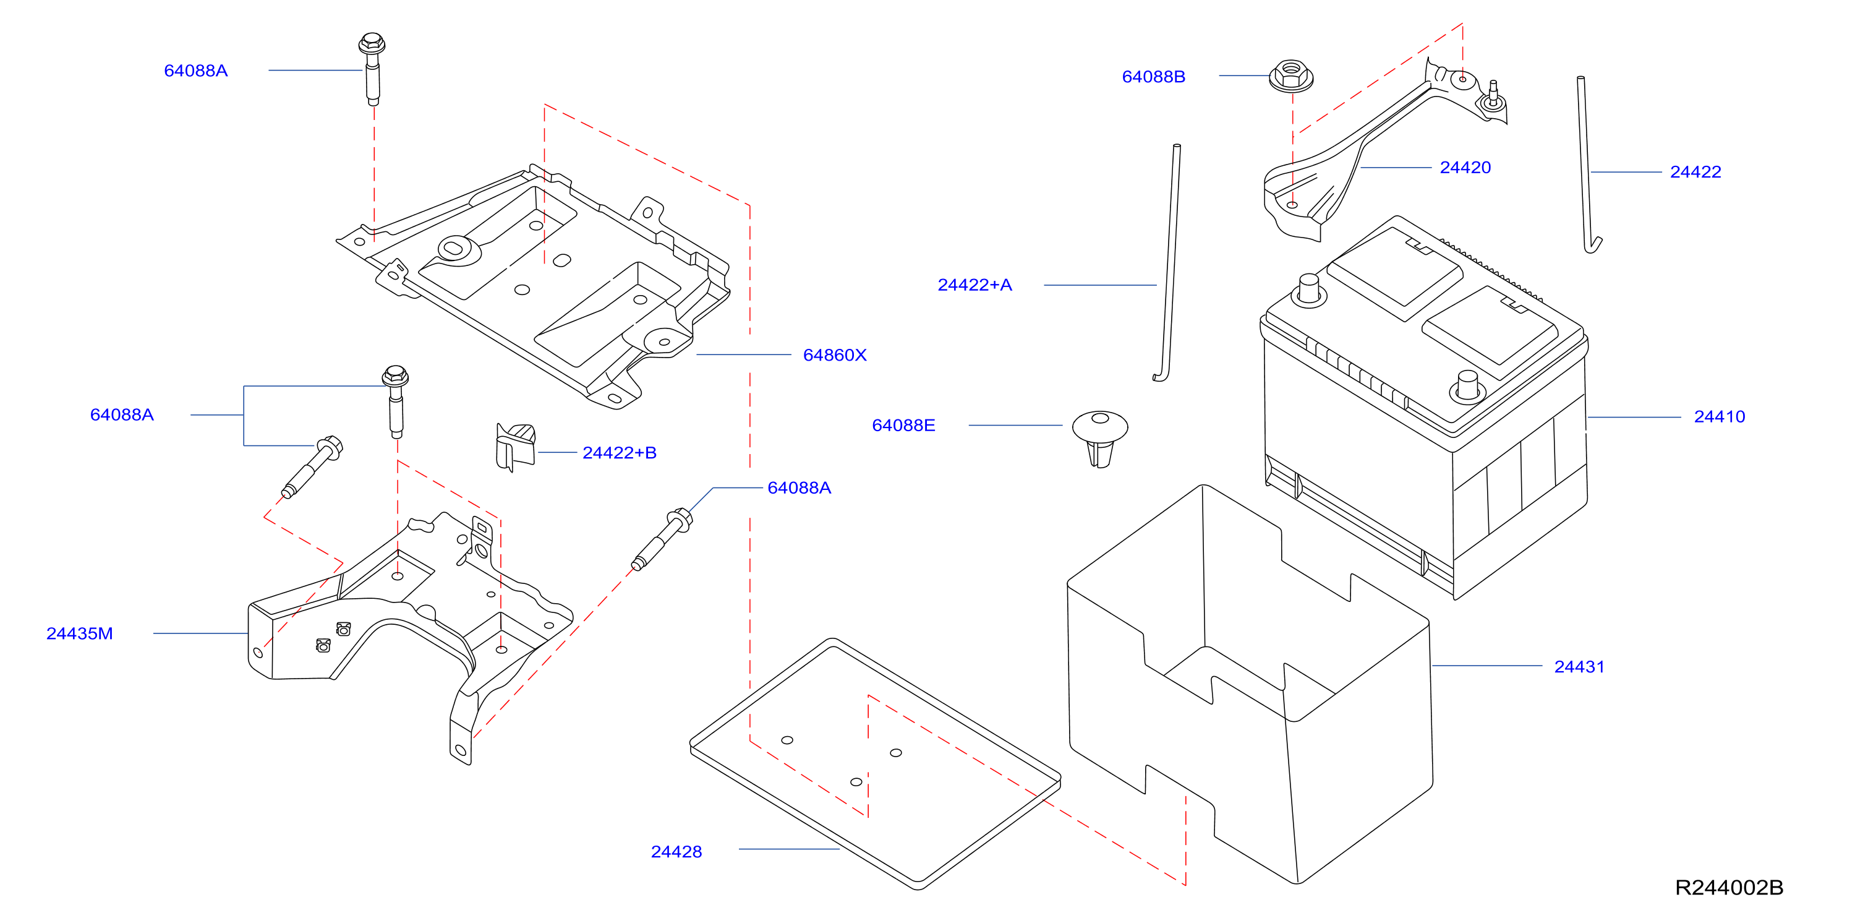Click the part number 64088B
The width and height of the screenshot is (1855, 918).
click(x=1153, y=76)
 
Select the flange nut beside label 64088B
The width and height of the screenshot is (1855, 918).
click(x=1290, y=75)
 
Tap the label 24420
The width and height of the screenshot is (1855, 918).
click(x=1465, y=167)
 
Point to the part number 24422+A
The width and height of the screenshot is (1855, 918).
click(x=974, y=285)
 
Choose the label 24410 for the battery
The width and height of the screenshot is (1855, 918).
click(x=1719, y=416)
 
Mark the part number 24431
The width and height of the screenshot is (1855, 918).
click(x=1579, y=666)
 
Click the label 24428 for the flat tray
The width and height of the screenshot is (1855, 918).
click(x=676, y=852)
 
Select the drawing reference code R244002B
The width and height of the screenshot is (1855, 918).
click(x=1728, y=887)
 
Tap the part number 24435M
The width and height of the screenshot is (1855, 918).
click(x=79, y=633)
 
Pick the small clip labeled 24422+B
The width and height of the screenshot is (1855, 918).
click(x=516, y=447)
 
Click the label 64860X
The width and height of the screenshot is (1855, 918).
click(x=835, y=354)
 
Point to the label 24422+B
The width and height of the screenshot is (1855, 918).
click(x=620, y=453)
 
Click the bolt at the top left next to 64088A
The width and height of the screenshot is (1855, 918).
click(x=372, y=69)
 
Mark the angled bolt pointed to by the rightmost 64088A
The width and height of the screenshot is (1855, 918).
click(x=661, y=539)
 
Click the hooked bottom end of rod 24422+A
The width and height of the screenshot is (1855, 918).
click(x=1160, y=376)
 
